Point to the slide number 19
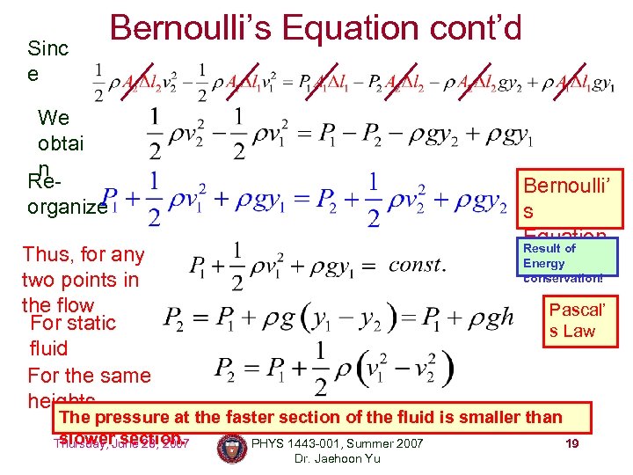(571, 443)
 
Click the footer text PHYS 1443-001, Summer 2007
(338, 443)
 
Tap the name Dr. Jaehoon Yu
(338, 458)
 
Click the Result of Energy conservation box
(563, 262)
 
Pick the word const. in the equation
(417, 265)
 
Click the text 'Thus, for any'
(83, 255)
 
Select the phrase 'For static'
(73, 323)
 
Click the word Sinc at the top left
(47, 48)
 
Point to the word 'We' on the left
(54, 118)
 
